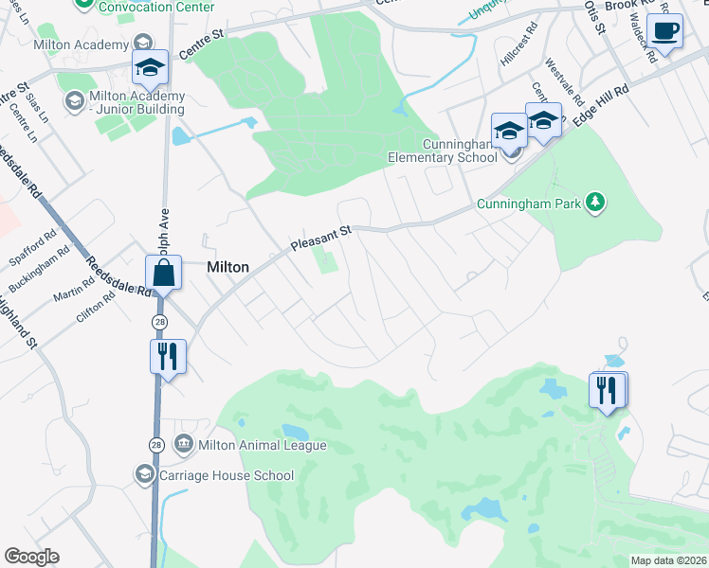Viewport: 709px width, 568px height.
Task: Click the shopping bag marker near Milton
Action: pos(164,275)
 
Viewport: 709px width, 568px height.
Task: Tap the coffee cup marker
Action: pos(664,31)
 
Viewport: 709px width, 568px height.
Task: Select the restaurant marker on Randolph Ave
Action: pos(168,358)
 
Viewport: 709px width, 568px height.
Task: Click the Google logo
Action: pos(31,557)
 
